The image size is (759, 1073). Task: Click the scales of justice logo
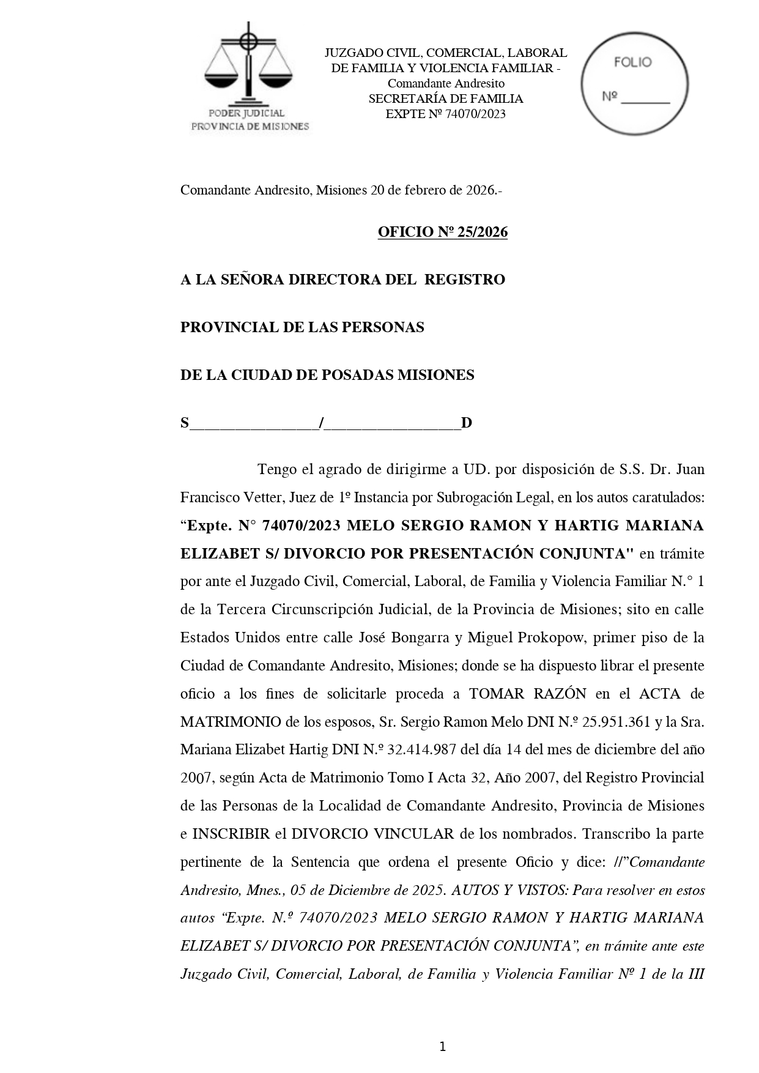248,64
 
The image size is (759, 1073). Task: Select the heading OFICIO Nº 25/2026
442,232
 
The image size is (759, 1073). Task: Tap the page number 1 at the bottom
442,1047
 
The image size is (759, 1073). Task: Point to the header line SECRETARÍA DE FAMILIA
445,98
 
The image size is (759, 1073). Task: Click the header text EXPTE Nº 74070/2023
445,114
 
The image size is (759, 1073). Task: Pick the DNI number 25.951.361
616,721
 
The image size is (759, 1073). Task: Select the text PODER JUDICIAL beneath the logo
246,113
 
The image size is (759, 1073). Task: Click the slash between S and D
322,423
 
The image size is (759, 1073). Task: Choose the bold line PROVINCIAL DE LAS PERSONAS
302,327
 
